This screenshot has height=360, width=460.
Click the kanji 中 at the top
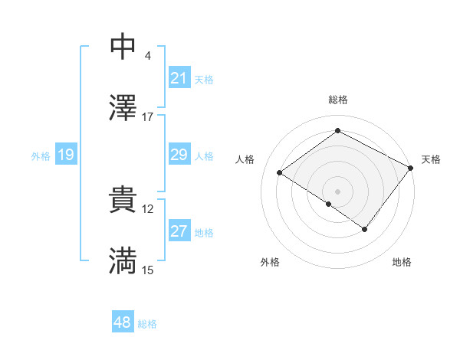(123, 47)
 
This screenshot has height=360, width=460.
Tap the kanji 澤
(123, 108)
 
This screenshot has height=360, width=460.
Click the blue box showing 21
(179, 77)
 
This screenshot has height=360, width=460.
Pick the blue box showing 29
(179, 155)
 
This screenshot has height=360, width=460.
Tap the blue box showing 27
(179, 231)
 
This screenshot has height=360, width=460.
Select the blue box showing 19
(65, 155)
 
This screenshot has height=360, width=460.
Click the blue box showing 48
(122, 322)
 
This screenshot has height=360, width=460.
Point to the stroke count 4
(147, 55)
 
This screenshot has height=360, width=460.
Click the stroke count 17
(147, 116)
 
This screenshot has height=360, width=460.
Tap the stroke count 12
(147, 208)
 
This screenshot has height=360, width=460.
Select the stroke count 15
(147, 270)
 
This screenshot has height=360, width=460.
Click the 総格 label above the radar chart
(337, 100)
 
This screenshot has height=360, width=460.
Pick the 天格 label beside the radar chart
(431, 159)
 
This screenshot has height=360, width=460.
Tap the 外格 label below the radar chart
(270, 263)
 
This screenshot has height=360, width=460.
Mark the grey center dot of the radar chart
(337, 191)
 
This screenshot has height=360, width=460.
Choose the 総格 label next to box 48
(147, 324)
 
